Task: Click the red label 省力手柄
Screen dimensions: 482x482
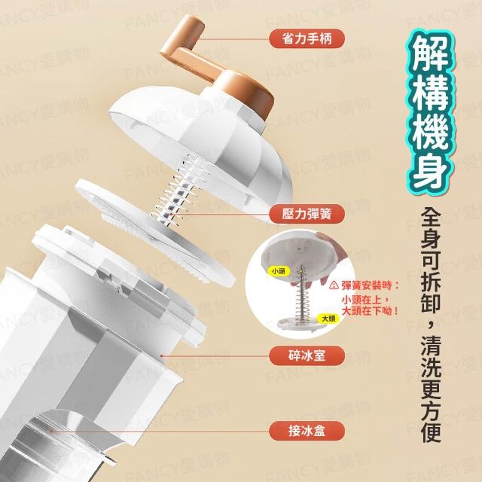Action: click(307, 38)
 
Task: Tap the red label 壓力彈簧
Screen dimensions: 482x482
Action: click(307, 214)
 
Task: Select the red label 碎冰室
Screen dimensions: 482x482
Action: click(307, 355)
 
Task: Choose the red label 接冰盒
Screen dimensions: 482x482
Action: click(307, 431)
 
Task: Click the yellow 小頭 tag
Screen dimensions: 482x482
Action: click(279, 271)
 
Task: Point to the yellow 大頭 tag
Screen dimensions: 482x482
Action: click(328, 319)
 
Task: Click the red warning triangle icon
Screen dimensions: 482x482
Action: click(334, 285)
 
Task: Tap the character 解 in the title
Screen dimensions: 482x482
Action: click(430, 54)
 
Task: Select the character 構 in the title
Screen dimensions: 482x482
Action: click(430, 93)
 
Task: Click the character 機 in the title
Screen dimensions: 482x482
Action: click(430, 132)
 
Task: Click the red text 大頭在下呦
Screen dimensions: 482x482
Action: click(370, 311)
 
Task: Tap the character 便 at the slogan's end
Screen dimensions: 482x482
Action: click(431, 432)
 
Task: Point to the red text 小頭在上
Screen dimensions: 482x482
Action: click(363, 299)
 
